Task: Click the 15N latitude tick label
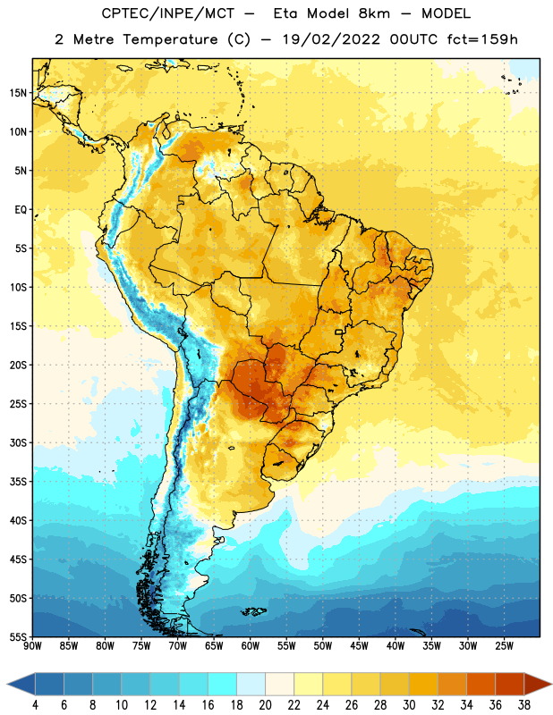(18, 93)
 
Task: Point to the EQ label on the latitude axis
(21, 210)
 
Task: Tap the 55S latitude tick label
(18, 637)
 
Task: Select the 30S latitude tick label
(18, 442)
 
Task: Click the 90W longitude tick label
(32, 646)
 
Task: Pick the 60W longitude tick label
(251, 646)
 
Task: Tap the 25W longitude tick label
(504, 646)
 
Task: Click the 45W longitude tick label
(359, 646)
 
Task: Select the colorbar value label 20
(265, 705)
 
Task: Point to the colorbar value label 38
(524, 705)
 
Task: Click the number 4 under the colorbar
(35, 705)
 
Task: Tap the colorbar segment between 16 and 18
(223, 684)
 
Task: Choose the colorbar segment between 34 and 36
(481, 684)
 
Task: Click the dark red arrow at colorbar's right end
(537, 684)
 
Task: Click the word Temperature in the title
(170, 39)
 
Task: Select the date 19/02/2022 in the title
(331, 39)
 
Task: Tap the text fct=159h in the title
(482, 39)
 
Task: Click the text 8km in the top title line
(374, 13)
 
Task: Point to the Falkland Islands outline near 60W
(254, 611)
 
